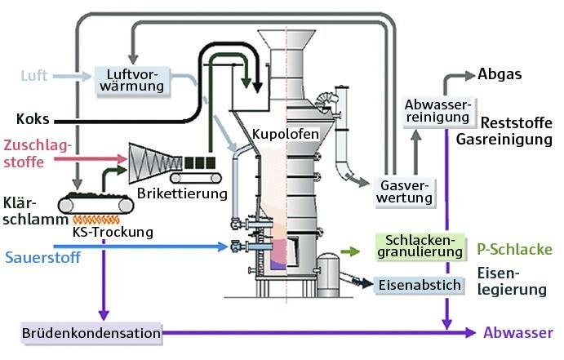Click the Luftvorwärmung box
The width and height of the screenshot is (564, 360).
pyautogui.click(x=131, y=79)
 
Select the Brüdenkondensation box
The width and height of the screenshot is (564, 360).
pyautogui.click(x=91, y=333)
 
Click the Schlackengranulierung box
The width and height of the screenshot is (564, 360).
pyautogui.click(x=418, y=247)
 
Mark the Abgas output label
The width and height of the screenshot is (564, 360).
pyautogui.click(x=500, y=74)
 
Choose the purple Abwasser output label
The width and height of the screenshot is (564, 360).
pyautogui.click(x=517, y=333)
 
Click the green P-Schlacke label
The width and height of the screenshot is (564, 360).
pyautogui.click(x=514, y=249)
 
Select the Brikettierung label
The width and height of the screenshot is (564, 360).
pyautogui.click(x=193, y=193)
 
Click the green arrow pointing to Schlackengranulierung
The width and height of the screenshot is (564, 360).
pyautogui.click(x=349, y=252)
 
